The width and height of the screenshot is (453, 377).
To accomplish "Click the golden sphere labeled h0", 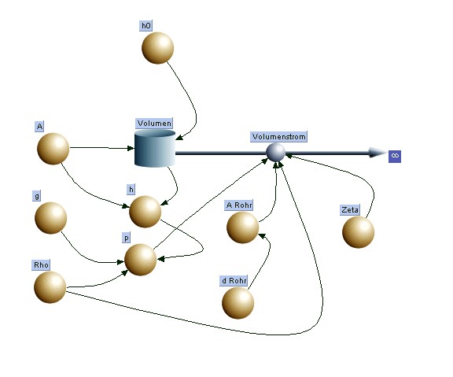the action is tap(158, 48).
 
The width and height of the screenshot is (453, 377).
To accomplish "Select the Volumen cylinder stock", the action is tap(155, 148).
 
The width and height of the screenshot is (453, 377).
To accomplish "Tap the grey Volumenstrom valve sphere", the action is tap(275, 153).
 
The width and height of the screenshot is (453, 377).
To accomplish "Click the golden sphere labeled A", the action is tap(53, 149).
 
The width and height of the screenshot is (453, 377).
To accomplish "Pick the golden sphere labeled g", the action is tap(51, 218).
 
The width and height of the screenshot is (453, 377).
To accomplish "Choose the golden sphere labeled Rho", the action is tap(50, 287).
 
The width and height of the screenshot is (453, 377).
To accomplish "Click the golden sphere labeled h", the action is tap(145, 212).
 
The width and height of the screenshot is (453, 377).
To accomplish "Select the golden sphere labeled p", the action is tap(141, 260).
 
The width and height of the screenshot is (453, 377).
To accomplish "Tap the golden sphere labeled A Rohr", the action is tap(243, 227).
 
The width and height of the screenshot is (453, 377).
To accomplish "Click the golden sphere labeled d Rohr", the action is tap(238, 303).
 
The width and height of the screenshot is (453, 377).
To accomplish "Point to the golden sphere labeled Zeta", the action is tap(359, 232).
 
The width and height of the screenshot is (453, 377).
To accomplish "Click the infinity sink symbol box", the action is tap(395, 157).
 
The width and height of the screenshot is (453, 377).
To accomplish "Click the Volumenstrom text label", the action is tap(278, 136).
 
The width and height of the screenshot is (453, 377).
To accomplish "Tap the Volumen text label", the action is tap(154, 123).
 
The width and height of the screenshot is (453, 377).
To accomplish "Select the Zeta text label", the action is tap(350, 209).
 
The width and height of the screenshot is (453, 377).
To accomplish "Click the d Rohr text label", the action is tap(234, 281).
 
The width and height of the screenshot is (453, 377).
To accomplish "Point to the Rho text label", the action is tap(41, 265).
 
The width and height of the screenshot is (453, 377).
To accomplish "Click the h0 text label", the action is tap(146, 26).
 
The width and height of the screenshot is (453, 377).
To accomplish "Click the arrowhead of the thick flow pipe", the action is tap(377, 153).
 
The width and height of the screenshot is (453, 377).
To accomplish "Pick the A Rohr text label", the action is tap(239, 205).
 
